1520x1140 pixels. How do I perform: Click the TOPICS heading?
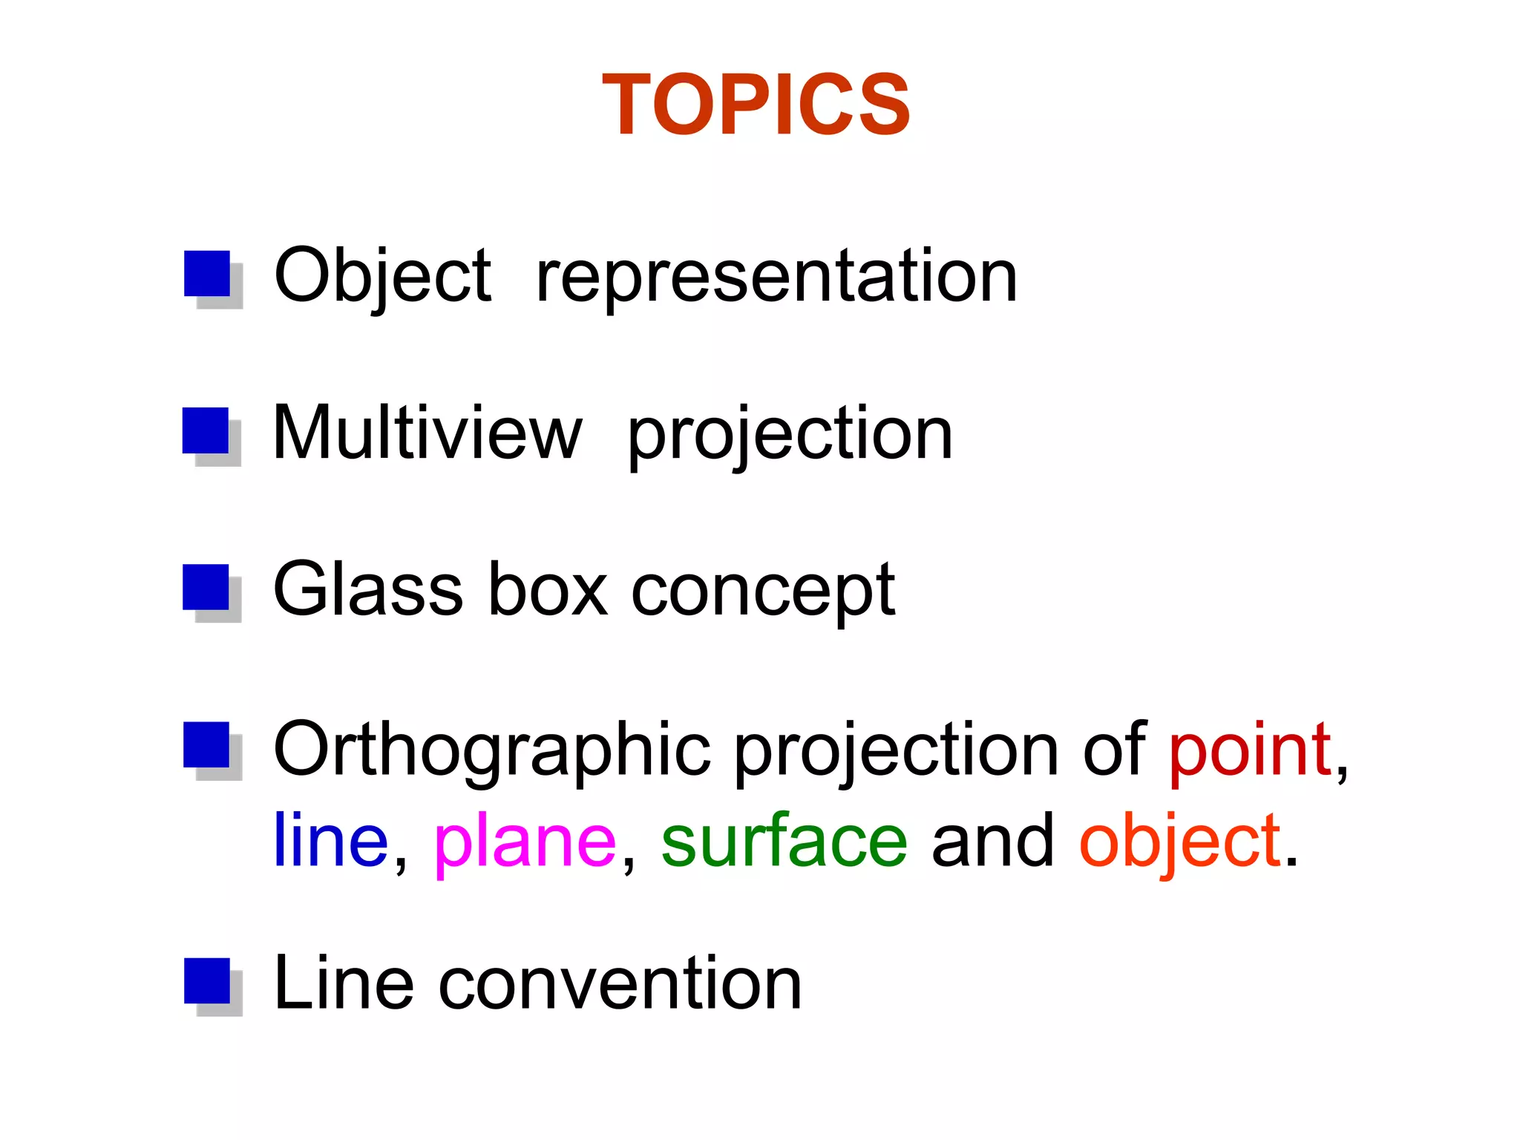pyautogui.click(x=756, y=105)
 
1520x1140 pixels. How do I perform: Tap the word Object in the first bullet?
pyautogui.click(x=382, y=276)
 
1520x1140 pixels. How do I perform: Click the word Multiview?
pyautogui.click(x=427, y=433)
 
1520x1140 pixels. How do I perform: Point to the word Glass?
pyautogui.click(x=368, y=589)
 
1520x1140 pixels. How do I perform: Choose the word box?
pyautogui.click(x=548, y=589)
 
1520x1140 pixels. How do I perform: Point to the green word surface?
pyautogui.click(x=784, y=840)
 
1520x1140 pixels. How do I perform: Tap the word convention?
pyautogui.click(x=620, y=984)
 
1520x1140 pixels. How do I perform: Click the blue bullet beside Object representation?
pyautogui.click(x=207, y=274)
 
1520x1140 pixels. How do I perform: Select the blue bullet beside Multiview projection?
pyautogui.click(x=206, y=430)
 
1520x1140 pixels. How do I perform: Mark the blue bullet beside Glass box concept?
pyautogui.click(x=206, y=587)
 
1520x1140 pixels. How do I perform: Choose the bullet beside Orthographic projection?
pyautogui.click(x=206, y=745)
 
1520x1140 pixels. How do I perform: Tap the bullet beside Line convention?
pyautogui.click(x=207, y=981)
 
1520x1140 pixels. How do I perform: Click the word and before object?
pyautogui.click(x=992, y=840)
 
